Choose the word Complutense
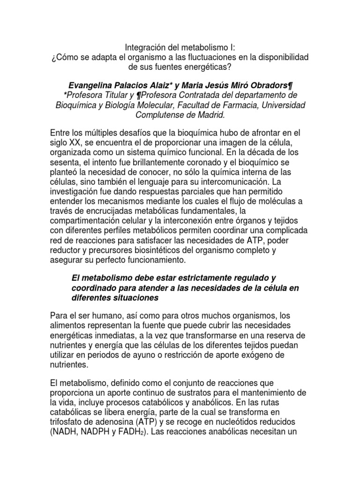click(161, 115)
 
